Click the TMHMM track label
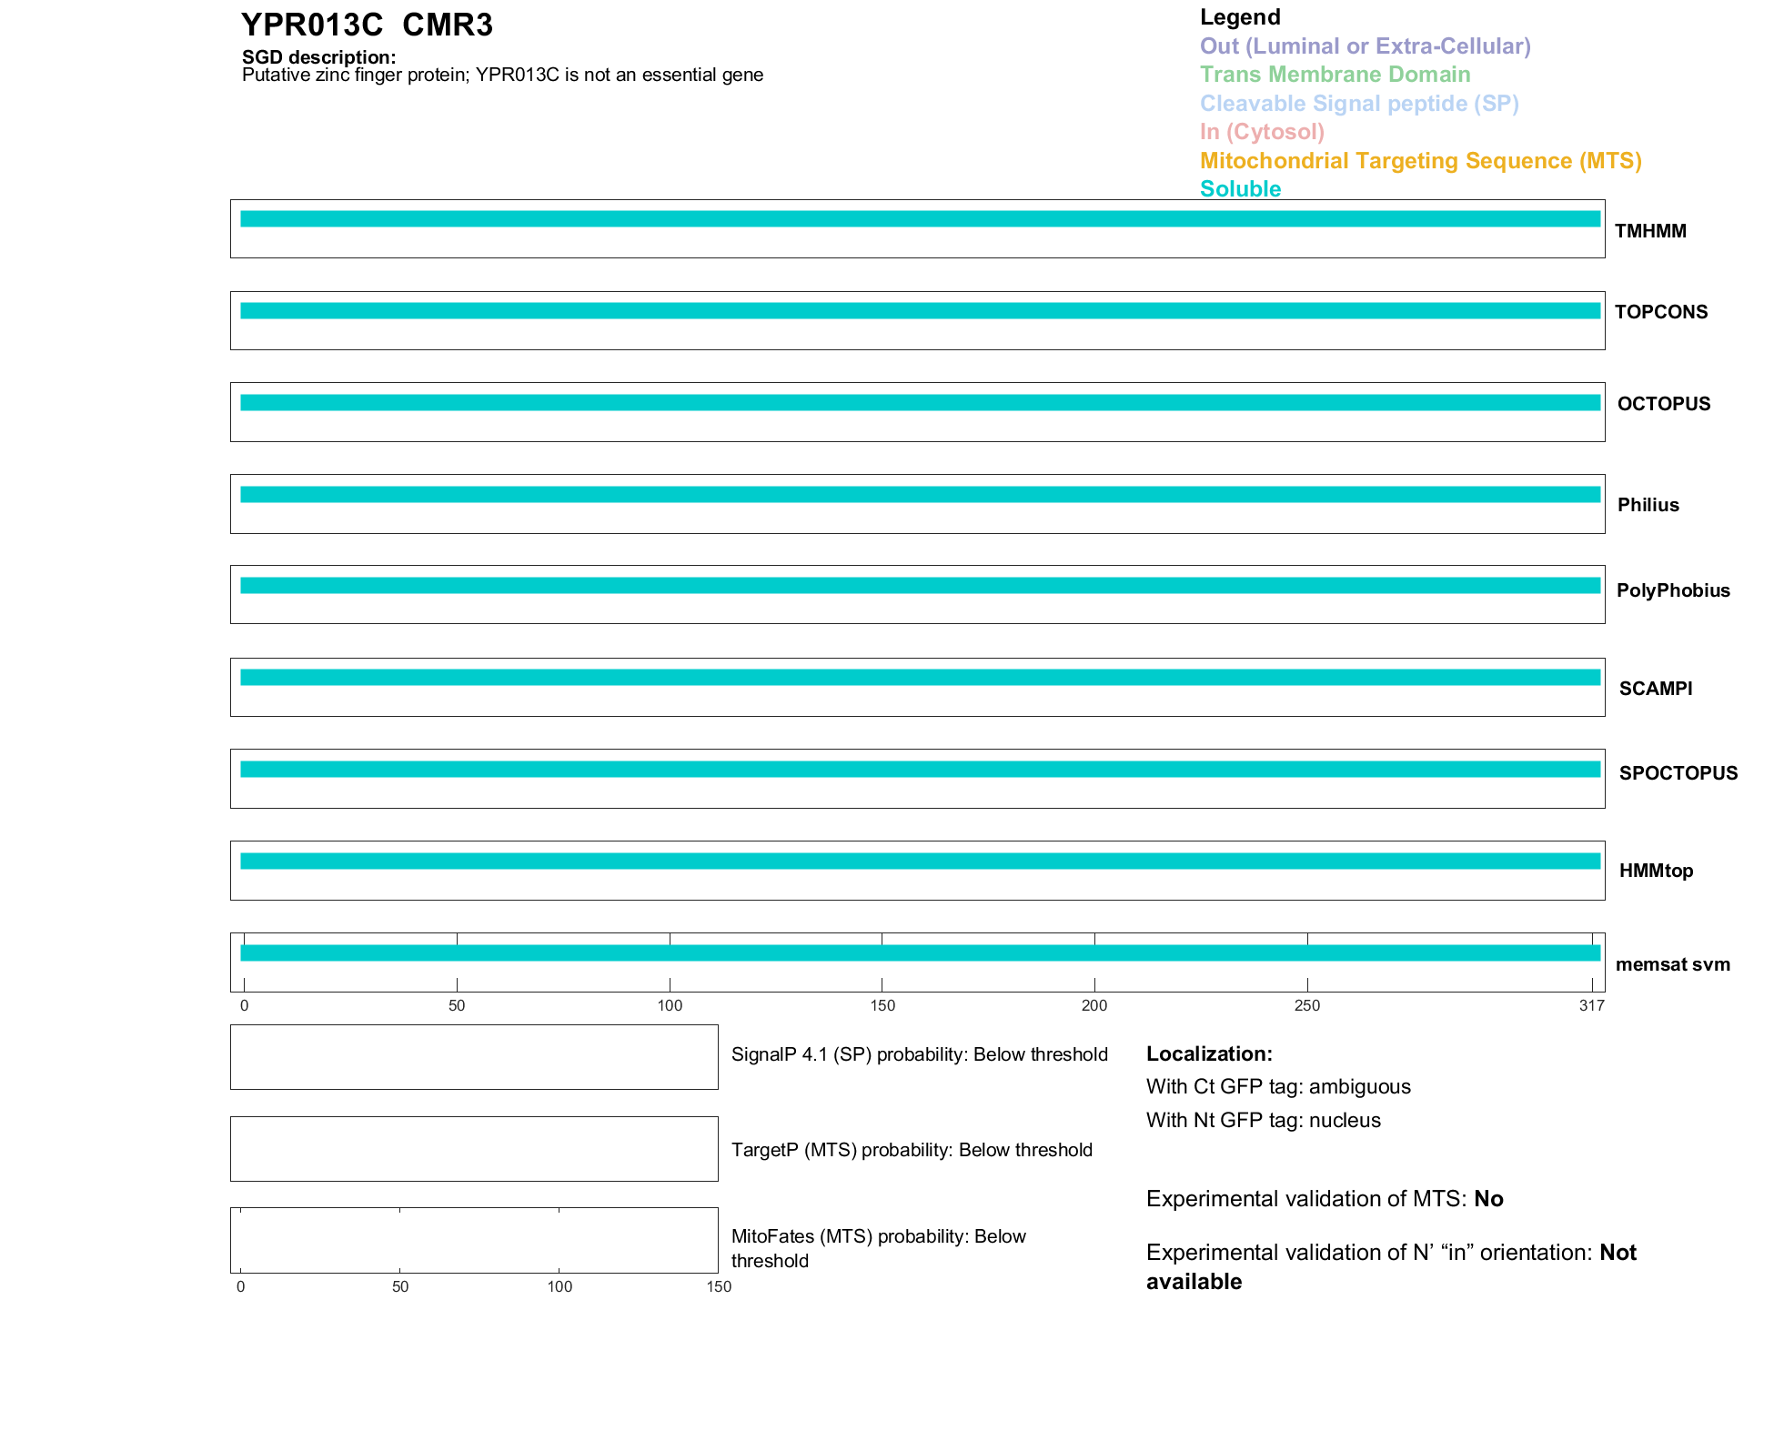pos(1649,231)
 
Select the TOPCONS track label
pos(1660,312)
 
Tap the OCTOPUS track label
pos(1663,404)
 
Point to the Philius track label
pos(1648,505)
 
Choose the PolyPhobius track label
pos(1672,590)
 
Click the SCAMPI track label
pos(1655,689)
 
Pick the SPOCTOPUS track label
pos(1678,773)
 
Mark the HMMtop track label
pos(1656,871)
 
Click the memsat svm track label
pos(1672,964)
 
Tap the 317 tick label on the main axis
pos(1591,1005)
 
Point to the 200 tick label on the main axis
pos(1094,1005)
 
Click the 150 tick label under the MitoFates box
pos(719,1286)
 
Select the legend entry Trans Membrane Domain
pos(1335,75)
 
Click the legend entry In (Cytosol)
pos(1262,132)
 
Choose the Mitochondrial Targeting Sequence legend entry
pos(1420,161)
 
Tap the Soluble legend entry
pos(1240,189)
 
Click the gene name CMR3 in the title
pos(447,25)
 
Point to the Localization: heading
pos(1209,1053)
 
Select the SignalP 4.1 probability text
pos(919,1054)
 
